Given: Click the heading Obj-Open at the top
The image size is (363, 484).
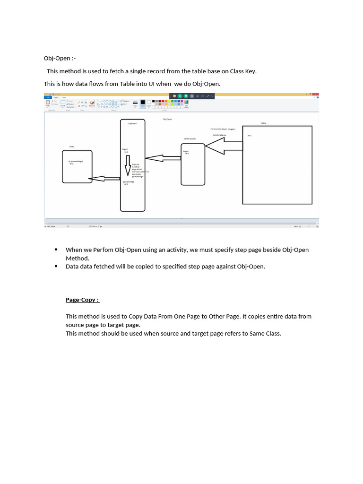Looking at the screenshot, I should point(59,58).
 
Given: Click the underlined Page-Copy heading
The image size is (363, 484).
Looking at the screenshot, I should point(82,300).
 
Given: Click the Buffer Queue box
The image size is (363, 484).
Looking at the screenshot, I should point(193,164).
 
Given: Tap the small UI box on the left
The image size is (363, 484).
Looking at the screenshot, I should point(77,166).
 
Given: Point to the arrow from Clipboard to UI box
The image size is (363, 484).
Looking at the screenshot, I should point(105,178).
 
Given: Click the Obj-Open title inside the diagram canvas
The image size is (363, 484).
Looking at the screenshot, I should point(167,119).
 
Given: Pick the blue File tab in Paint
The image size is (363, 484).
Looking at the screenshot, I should point(48,97).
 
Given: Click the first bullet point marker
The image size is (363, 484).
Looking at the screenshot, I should point(56,250).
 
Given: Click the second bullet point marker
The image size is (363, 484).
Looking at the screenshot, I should point(56,267).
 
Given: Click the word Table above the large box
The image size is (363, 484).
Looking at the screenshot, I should point(263,123).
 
